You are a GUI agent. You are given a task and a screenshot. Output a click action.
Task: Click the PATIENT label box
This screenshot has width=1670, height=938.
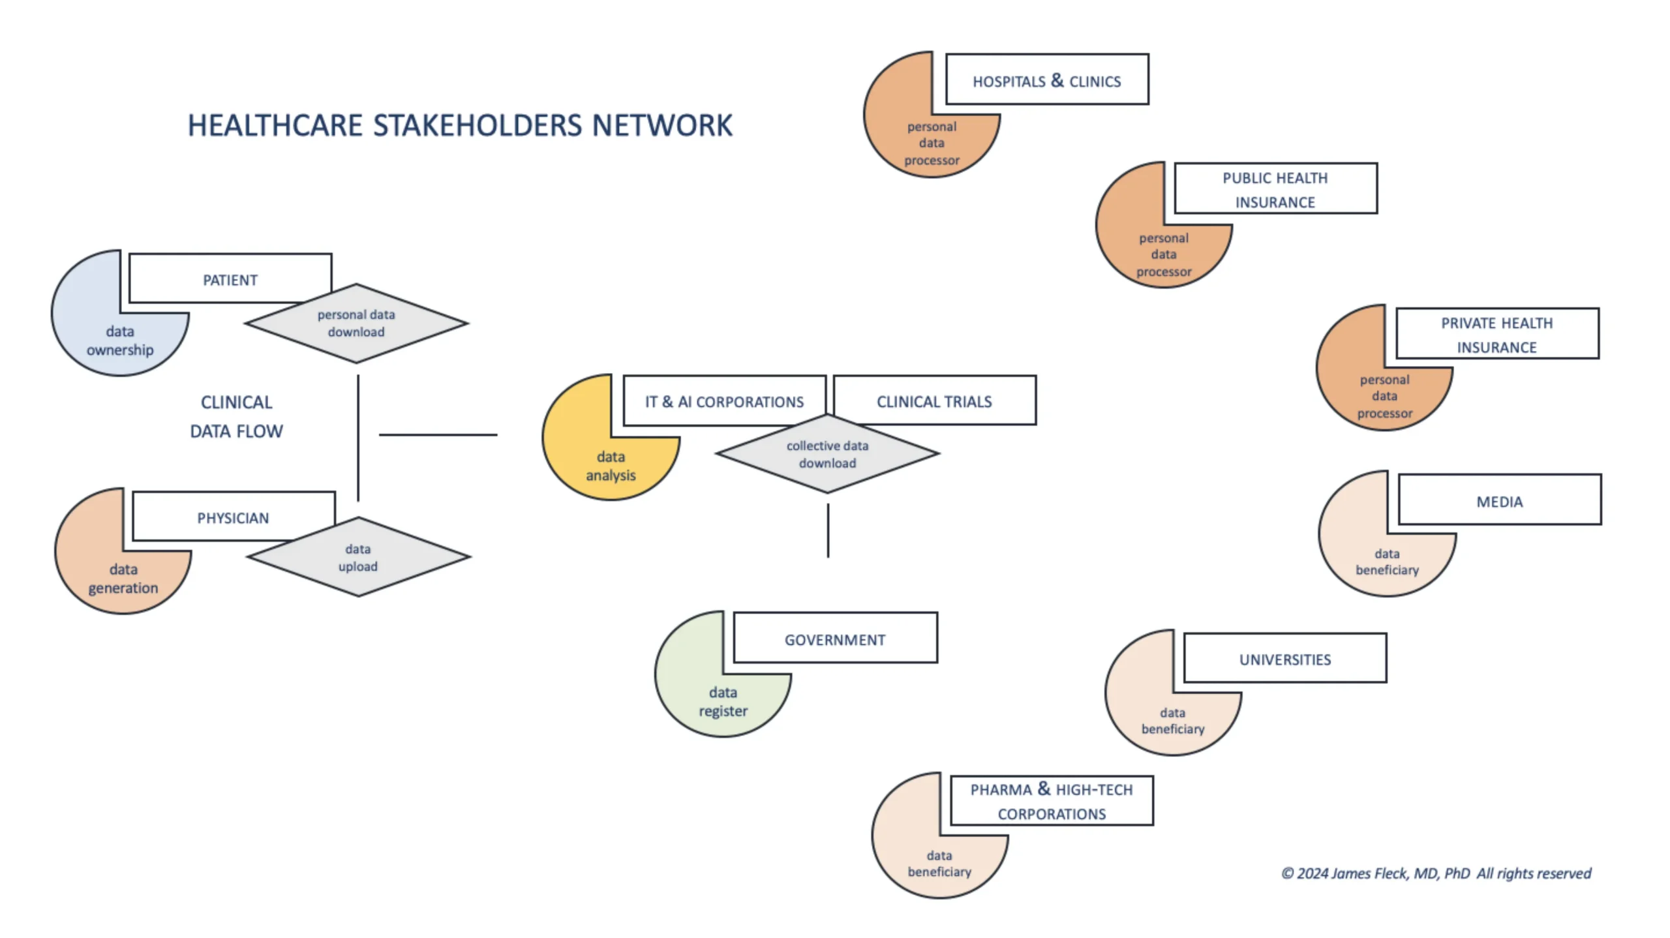click(x=230, y=279)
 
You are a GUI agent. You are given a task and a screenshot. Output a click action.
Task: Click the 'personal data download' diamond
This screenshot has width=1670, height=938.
click(x=356, y=323)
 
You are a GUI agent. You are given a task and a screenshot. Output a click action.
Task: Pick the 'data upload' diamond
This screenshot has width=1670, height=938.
click(x=358, y=557)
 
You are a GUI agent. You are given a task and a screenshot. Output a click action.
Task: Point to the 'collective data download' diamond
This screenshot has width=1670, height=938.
click(x=827, y=454)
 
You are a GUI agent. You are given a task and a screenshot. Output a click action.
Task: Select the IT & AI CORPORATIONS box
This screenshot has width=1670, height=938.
click(x=724, y=401)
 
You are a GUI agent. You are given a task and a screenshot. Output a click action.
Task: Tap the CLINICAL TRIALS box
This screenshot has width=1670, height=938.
click(x=934, y=401)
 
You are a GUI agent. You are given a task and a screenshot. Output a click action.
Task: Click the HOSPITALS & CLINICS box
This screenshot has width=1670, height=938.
click(x=1046, y=80)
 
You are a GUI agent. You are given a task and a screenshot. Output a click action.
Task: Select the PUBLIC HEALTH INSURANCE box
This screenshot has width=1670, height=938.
click(x=1275, y=189)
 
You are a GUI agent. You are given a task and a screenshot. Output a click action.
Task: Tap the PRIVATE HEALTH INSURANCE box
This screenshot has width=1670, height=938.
click(x=1496, y=333)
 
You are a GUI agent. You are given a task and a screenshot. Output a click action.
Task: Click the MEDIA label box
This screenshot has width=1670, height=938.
click(x=1499, y=500)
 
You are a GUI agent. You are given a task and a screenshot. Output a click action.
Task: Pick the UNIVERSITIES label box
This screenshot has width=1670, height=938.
click(x=1284, y=658)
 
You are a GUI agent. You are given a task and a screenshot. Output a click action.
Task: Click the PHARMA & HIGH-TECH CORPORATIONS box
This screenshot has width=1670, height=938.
click(x=1051, y=800)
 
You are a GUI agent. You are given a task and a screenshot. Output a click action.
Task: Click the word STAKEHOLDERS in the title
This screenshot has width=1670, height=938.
click(x=477, y=125)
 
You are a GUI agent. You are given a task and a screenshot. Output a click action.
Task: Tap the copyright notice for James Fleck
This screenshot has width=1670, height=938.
click(x=1436, y=873)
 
